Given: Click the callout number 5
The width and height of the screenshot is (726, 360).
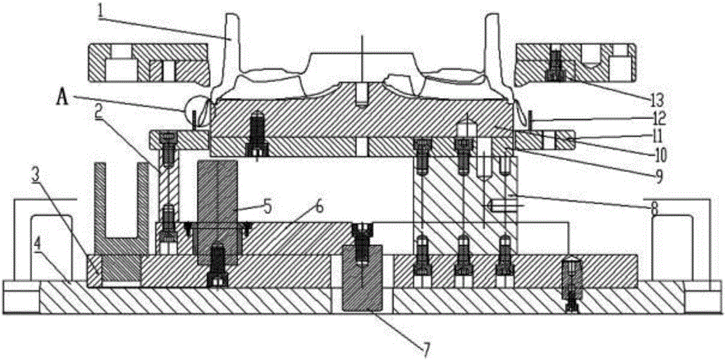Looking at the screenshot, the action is (267, 205).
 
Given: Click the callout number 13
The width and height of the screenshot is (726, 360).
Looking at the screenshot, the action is (656, 98).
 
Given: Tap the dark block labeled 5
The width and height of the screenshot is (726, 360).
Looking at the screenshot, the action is (217, 213).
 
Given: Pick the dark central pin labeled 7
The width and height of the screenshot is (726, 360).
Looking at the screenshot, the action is (362, 278).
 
